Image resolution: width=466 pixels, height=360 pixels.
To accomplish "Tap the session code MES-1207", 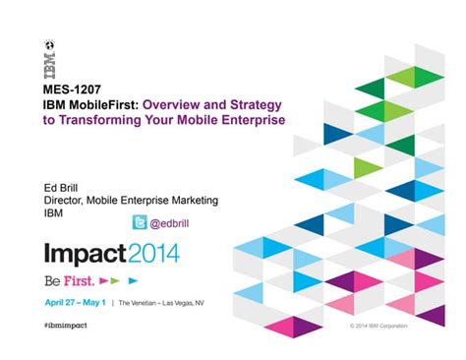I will [x=75, y=90].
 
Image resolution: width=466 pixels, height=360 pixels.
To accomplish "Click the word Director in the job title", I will [x=67, y=200].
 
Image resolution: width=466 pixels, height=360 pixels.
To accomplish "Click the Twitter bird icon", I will [x=141, y=221].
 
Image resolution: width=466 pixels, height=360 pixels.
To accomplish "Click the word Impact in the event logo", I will [x=86, y=253].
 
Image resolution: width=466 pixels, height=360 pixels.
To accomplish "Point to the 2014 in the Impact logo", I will [x=153, y=253].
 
